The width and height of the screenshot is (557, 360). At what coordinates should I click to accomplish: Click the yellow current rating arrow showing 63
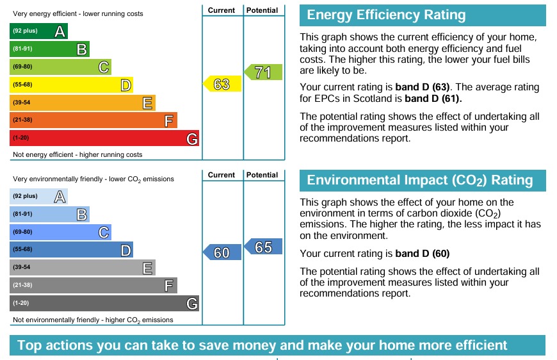[x=222, y=84]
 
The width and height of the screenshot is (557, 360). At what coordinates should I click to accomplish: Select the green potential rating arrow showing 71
[x=263, y=72]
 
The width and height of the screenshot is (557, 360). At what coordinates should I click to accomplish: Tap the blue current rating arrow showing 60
[x=222, y=252]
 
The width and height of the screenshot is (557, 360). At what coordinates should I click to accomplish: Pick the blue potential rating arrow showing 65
[x=263, y=247]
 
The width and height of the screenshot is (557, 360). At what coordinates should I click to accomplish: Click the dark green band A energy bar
[x=38, y=31]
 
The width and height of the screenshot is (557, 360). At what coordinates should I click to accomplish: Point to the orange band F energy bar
[x=93, y=120]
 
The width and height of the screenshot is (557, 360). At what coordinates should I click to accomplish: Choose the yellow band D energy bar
[x=71, y=85]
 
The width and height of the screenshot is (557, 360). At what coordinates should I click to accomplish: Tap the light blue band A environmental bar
[x=38, y=196]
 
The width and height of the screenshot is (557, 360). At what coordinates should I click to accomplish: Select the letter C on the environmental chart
[x=103, y=232]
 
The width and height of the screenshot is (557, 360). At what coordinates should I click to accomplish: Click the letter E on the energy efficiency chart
[x=147, y=102]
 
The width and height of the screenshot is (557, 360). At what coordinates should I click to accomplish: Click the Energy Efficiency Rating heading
[x=386, y=15]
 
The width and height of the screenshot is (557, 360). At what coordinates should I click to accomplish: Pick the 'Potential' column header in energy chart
[x=262, y=10]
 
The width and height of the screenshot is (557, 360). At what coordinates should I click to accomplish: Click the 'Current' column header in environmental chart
[x=222, y=175]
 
